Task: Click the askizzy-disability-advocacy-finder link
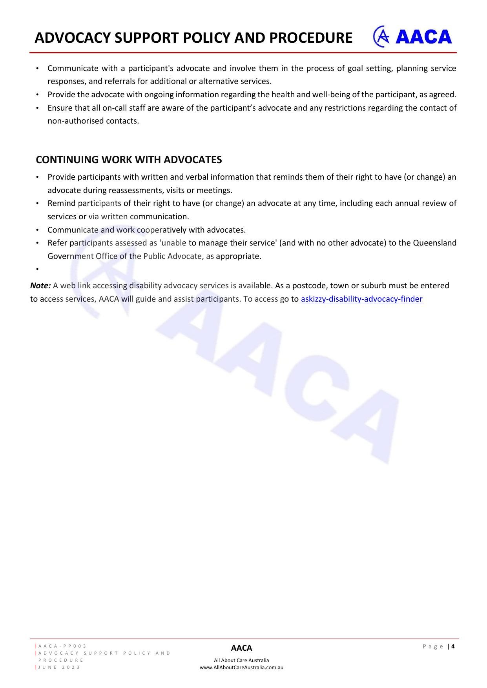(x=361, y=299)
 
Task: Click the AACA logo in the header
(x=412, y=37)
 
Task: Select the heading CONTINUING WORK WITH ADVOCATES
(x=129, y=160)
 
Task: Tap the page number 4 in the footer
(x=453, y=646)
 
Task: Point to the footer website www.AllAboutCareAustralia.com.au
(x=241, y=667)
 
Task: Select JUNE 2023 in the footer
(x=59, y=667)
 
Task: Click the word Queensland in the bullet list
(x=434, y=243)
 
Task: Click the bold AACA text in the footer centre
(x=241, y=648)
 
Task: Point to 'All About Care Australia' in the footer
(x=241, y=660)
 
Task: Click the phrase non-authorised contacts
(x=93, y=121)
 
